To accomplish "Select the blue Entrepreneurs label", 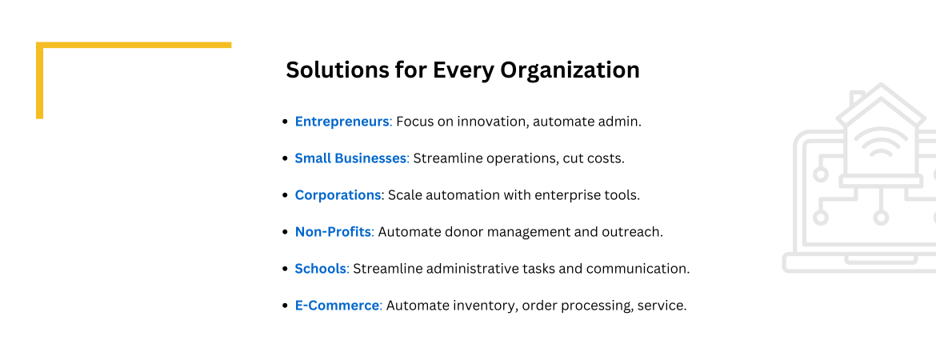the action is coord(342,122).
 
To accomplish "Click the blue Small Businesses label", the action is coord(350,158).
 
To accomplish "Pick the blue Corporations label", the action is coord(338,195).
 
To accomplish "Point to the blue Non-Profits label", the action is coord(333,232).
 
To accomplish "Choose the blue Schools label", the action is coord(321,269).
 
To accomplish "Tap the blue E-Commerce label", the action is coord(338,305).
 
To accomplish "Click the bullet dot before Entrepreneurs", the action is coord(285,122).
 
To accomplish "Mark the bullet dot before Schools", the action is coord(285,269).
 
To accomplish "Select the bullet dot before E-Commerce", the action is coord(285,306).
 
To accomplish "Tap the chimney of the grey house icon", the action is coord(858,98).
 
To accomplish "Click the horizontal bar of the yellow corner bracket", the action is coord(134,45).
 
